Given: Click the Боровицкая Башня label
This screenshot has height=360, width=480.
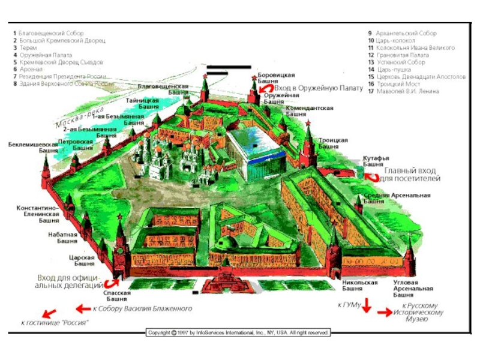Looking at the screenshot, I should point(276,78).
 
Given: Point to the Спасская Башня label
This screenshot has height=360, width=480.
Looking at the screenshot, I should point(118,295).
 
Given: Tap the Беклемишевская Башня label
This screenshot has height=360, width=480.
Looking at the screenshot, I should point(29,148).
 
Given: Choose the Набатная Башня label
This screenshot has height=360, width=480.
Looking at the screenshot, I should point(63,238).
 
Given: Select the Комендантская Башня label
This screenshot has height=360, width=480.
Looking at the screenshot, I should point(309,110).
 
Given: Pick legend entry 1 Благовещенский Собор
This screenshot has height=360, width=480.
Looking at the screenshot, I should point(50,34).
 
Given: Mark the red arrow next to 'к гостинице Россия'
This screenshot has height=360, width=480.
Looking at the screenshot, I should point(49,313).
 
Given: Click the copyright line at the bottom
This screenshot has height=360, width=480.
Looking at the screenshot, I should point(238,332).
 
